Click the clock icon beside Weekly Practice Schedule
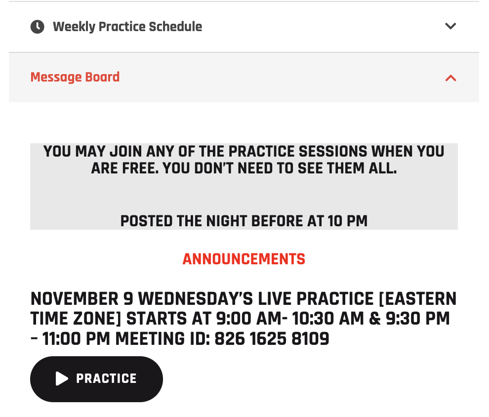point(38,27)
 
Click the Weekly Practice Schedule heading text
point(127,27)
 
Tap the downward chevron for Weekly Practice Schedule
point(450,26)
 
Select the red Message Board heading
point(75,77)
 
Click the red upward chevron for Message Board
point(450,78)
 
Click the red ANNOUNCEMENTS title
point(244,259)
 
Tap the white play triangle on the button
point(62,378)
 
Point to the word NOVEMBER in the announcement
point(75,299)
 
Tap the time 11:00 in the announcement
point(62,339)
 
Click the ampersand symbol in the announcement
point(375,319)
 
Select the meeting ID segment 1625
point(268,339)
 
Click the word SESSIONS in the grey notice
point(333,152)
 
